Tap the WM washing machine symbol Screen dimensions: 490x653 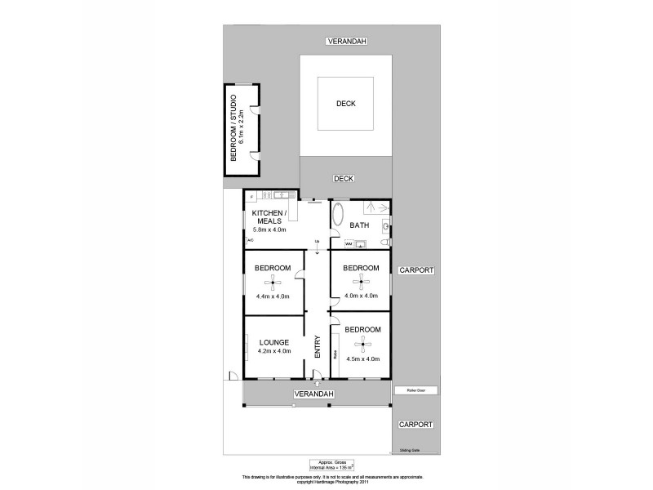pyautogui.click(x=349, y=243)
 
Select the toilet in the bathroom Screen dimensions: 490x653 pyautogui.click(x=385, y=243)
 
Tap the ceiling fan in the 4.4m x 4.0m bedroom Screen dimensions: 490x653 pyautogui.click(x=273, y=283)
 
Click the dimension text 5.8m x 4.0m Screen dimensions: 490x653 pyautogui.click(x=270, y=230)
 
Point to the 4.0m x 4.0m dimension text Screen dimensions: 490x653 pyautogui.click(x=361, y=295)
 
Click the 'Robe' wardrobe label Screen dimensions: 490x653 pyautogui.click(x=335, y=355)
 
